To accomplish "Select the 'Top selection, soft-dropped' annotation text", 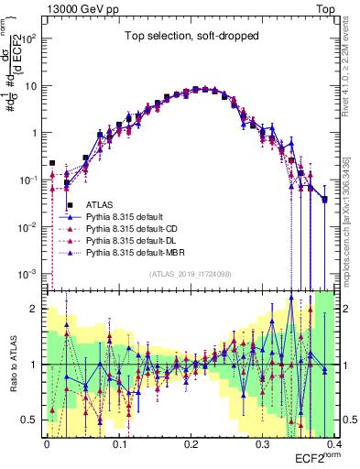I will point(193,37).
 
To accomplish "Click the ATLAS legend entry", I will point(102,204).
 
